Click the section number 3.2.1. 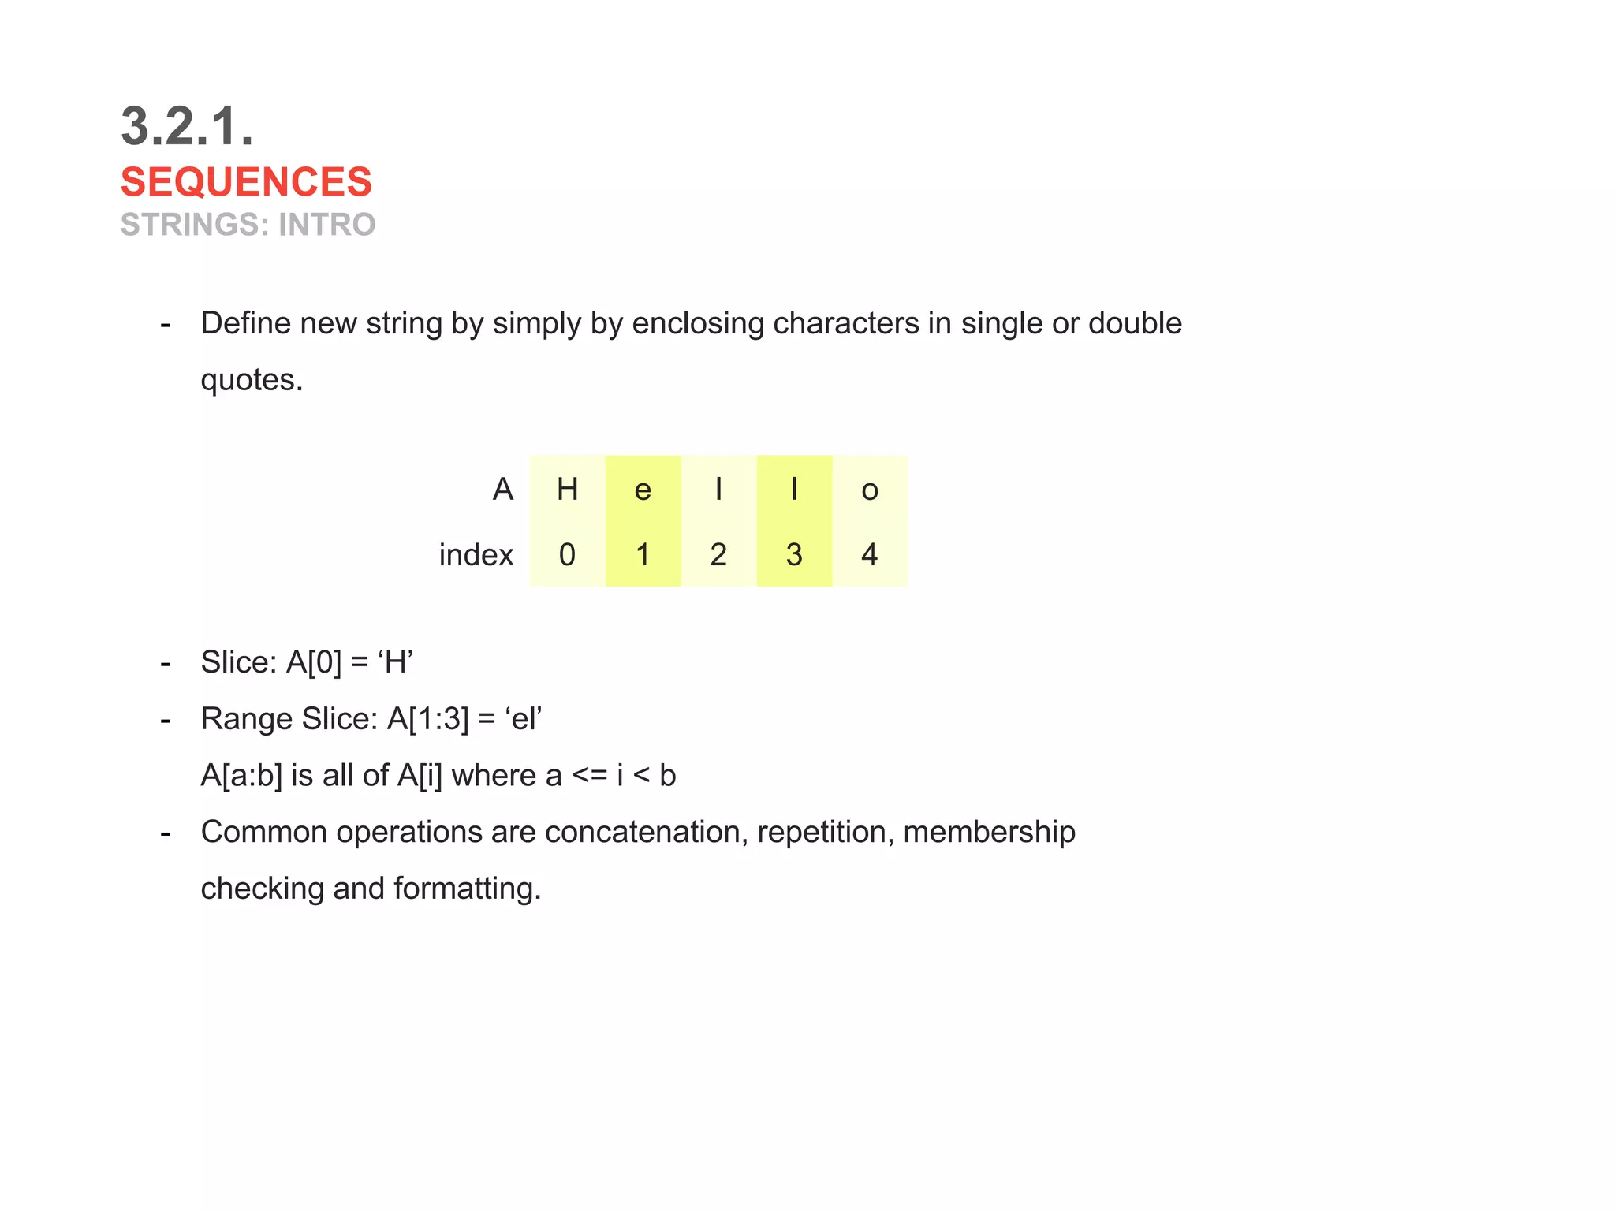pyautogui.click(x=187, y=126)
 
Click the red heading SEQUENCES pyautogui.click(x=246, y=182)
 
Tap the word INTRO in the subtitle pyautogui.click(x=326, y=225)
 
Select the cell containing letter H pyautogui.click(x=567, y=490)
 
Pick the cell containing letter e pyautogui.click(x=643, y=490)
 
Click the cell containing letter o pyautogui.click(x=869, y=490)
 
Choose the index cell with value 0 pyautogui.click(x=567, y=555)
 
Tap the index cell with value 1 pyautogui.click(x=643, y=555)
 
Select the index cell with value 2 pyautogui.click(x=718, y=555)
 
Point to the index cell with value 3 pyautogui.click(x=794, y=555)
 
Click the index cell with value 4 pyautogui.click(x=869, y=555)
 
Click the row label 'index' pyautogui.click(x=476, y=555)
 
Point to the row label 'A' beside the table pyautogui.click(x=503, y=490)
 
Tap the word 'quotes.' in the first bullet pyautogui.click(x=252, y=381)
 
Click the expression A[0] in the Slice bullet pyautogui.click(x=313, y=662)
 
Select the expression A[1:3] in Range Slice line pyautogui.click(x=427, y=719)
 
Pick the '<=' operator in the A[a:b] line pyautogui.click(x=590, y=776)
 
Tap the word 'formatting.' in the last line pyautogui.click(x=467, y=889)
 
